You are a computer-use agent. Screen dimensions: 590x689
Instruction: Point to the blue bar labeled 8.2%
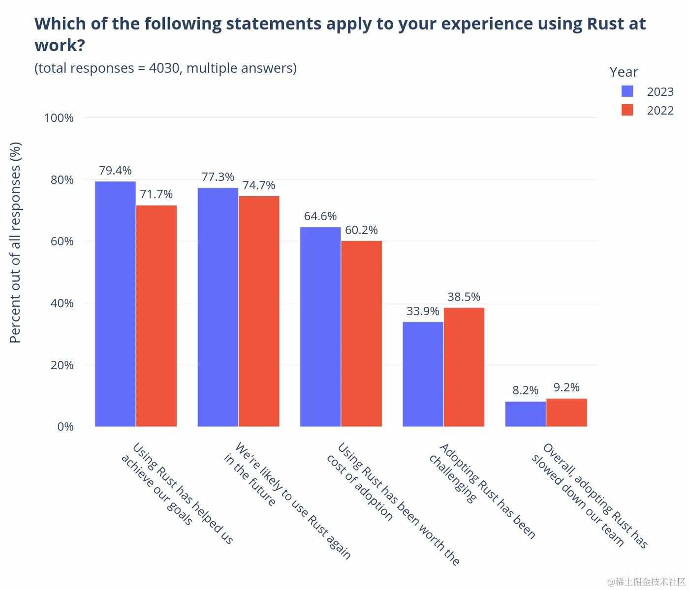[525, 414]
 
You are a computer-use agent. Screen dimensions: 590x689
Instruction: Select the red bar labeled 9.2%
[566, 413]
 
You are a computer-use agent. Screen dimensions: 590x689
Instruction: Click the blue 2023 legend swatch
[627, 91]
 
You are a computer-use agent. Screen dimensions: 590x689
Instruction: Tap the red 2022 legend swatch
[627, 110]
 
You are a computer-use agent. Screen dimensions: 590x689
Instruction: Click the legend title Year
[624, 72]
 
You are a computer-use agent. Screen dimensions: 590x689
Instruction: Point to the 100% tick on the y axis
[59, 118]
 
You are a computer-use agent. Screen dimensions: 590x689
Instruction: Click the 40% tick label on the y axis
[62, 303]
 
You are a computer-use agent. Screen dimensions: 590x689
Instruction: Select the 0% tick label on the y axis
[65, 427]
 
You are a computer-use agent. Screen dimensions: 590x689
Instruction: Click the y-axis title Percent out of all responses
[16, 242]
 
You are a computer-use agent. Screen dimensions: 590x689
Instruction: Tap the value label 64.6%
[320, 216]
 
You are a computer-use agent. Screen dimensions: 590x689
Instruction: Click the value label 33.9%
[423, 311]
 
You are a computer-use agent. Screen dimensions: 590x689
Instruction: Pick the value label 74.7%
[259, 185]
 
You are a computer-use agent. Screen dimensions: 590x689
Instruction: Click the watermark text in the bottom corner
[646, 582]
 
